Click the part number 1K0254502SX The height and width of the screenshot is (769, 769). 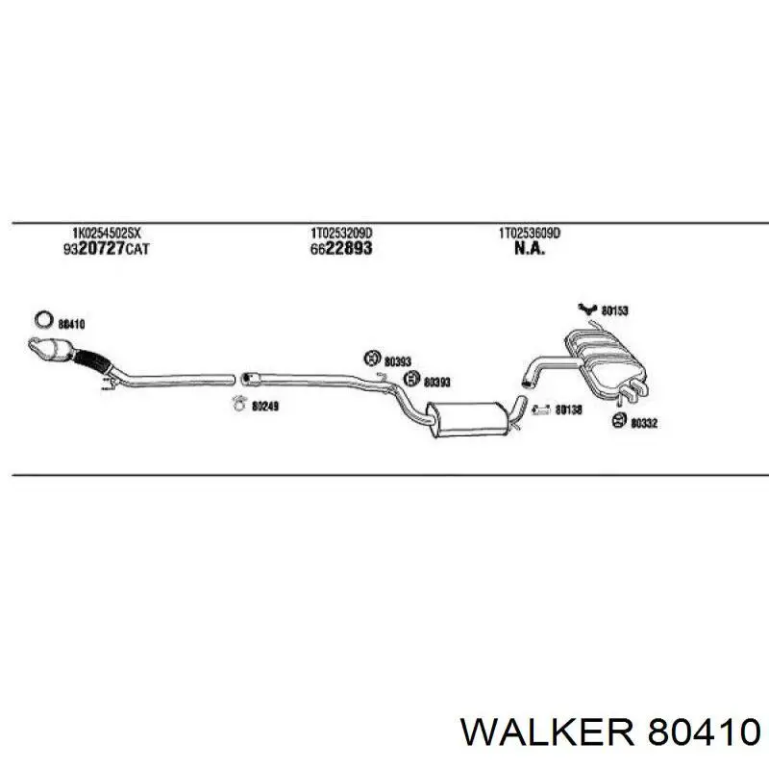pyautogui.click(x=107, y=233)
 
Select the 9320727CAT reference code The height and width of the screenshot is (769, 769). pyautogui.click(x=106, y=249)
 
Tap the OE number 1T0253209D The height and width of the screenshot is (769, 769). pyautogui.click(x=341, y=232)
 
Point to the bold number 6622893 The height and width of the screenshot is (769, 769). pyautogui.click(x=341, y=248)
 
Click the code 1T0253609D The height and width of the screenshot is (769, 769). pyautogui.click(x=530, y=233)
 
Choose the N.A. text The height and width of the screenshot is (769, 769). pyautogui.click(x=530, y=249)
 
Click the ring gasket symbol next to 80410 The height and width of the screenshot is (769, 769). pyautogui.click(x=44, y=320)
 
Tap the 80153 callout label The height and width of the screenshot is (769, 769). pyautogui.click(x=614, y=310)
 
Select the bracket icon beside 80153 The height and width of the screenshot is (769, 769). pyautogui.click(x=586, y=309)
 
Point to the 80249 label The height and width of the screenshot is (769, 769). pyautogui.click(x=265, y=406)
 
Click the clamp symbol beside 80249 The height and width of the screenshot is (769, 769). pyautogui.click(x=238, y=403)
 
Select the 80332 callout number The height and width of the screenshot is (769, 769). pyautogui.click(x=644, y=423)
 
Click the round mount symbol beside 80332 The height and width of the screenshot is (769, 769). pyautogui.click(x=619, y=420)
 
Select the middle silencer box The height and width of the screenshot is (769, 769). pyautogui.click(x=465, y=418)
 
